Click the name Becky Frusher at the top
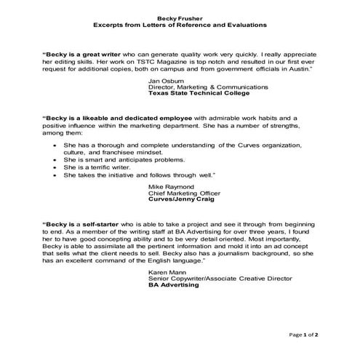click(x=180, y=17)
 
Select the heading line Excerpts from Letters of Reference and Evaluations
click(x=180, y=25)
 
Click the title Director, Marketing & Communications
click(x=208, y=87)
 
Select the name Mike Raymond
click(x=171, y=187)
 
